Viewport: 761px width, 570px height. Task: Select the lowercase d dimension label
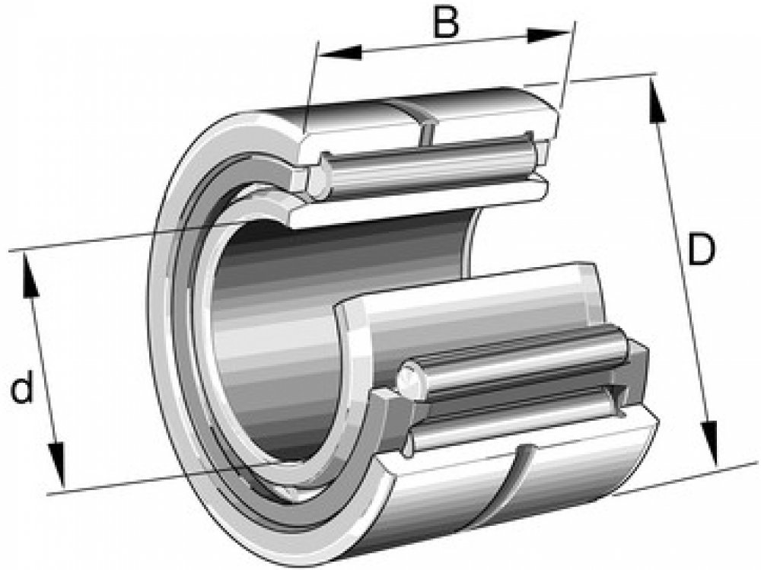24,390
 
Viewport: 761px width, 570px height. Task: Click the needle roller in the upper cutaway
426,167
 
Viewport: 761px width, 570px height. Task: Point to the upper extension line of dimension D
609,78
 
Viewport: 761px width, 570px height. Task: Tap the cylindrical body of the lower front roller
517,358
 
